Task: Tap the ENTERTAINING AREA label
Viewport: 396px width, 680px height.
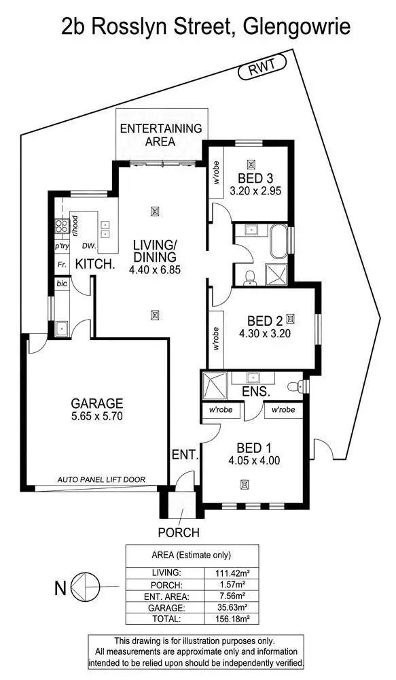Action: [x=160, y=135]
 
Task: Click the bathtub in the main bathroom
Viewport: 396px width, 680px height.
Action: [x=278, y=241]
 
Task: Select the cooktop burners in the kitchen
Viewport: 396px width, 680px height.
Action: [x=60, y=227]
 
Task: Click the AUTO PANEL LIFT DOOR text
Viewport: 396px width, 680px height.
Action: [x=101, y=479]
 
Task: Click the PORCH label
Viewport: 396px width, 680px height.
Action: [x=179, y=532]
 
